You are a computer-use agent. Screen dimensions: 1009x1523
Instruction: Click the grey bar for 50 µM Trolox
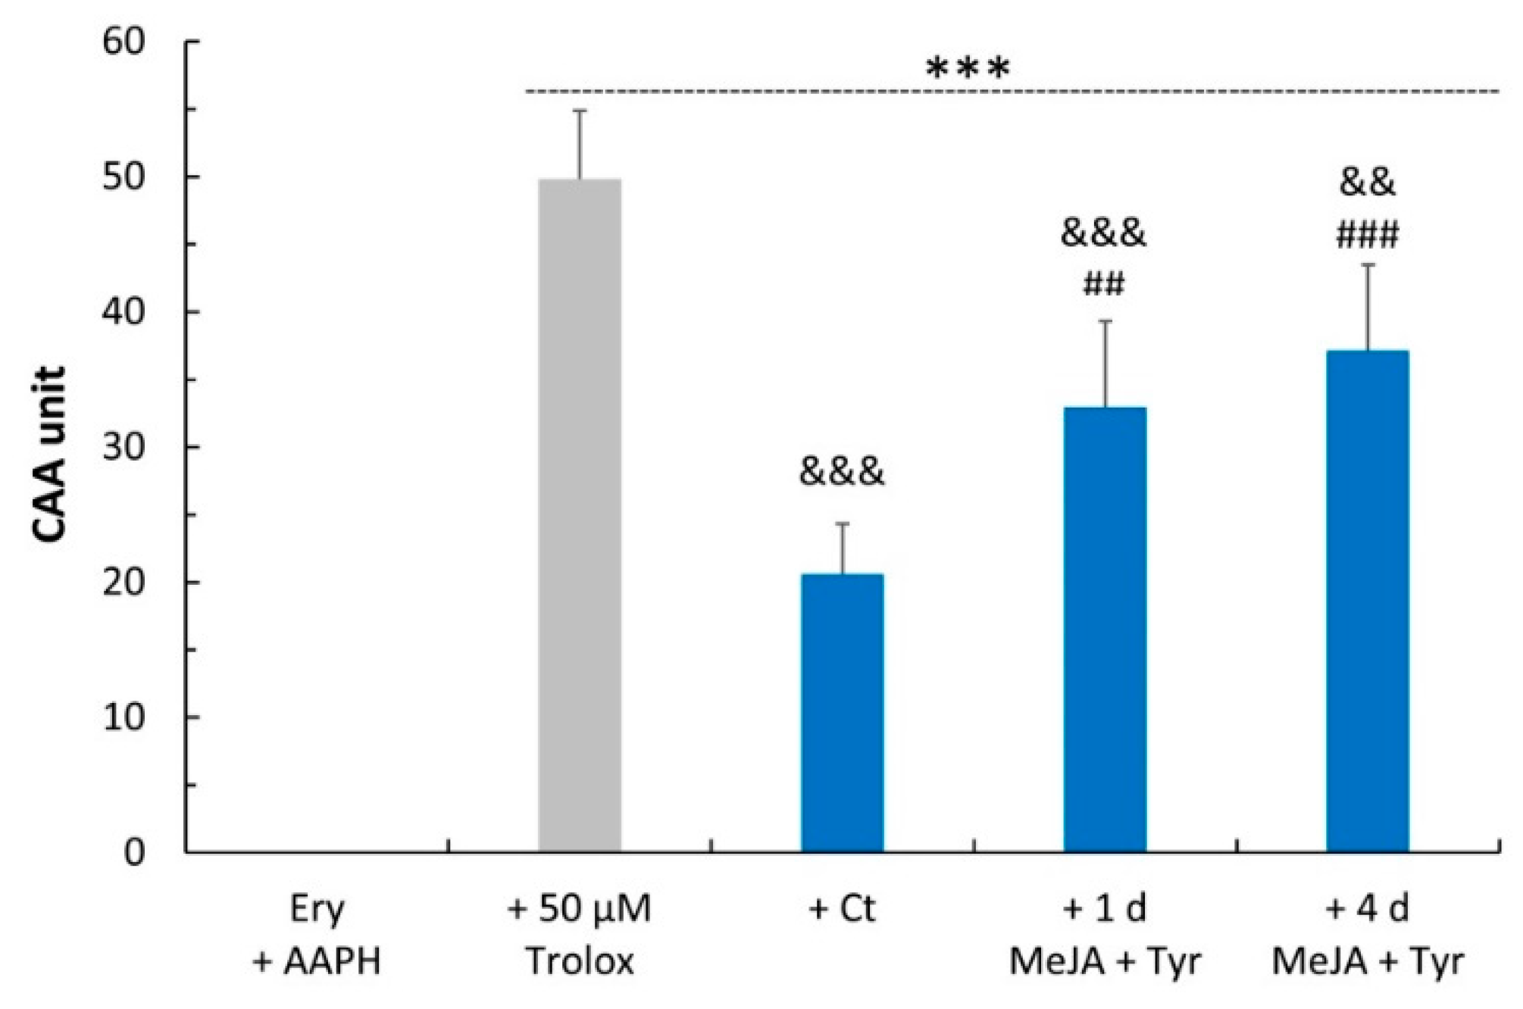580,515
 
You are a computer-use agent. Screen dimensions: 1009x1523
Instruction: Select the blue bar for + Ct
842,712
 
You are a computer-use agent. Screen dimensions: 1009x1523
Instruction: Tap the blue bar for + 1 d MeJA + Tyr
1105,629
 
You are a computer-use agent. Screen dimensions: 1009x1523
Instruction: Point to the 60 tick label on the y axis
124,42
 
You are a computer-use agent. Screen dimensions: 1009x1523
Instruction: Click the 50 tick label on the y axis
124,178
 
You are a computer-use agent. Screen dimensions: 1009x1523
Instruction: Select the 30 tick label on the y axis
124,448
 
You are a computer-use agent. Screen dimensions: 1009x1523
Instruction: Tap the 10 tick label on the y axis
124,717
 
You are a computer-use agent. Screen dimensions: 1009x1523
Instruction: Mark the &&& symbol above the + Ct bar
842,472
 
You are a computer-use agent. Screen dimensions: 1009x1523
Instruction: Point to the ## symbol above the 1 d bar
1104,285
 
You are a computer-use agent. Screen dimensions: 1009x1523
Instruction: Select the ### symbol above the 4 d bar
1367,236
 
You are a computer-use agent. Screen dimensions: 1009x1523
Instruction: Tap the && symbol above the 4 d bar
1367,183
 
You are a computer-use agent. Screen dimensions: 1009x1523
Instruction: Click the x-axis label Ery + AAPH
317,934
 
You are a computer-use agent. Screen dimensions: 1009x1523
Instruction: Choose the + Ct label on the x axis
842,908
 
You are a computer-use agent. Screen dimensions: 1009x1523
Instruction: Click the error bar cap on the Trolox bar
580,111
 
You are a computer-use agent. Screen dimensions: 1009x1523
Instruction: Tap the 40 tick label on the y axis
124,313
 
